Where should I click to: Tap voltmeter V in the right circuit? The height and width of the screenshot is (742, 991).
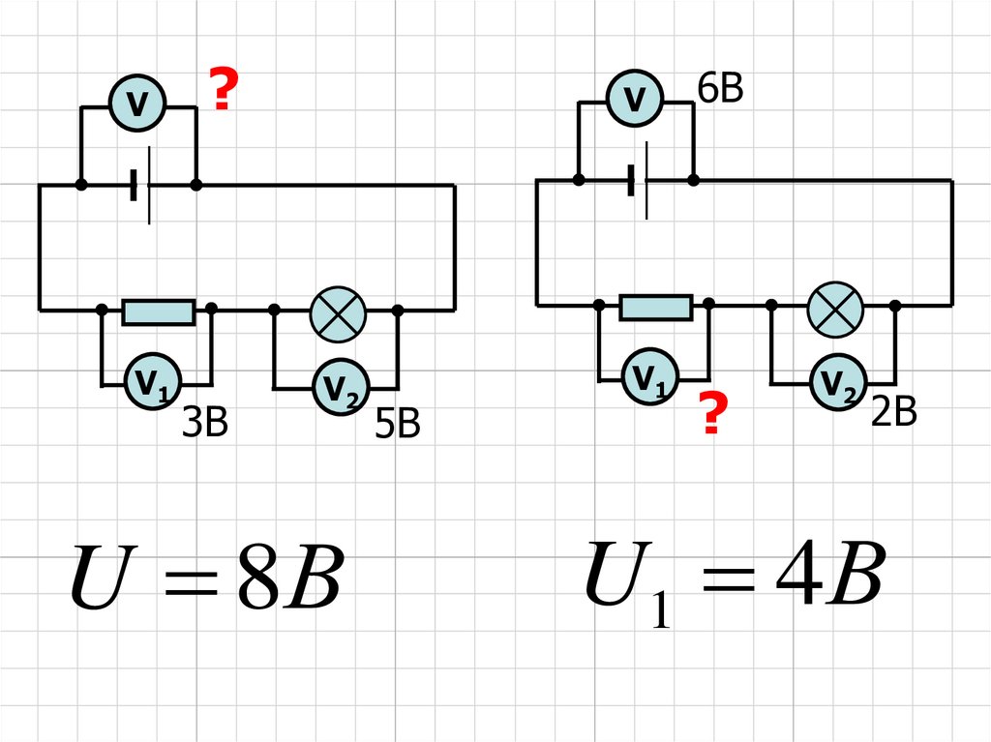click(x=635, y=98)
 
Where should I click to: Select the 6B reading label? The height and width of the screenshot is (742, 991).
click(x=719, y=88)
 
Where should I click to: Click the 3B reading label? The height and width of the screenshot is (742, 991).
click(x=205, y=423)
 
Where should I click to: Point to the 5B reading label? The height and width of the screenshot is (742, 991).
click(x=398, y=425)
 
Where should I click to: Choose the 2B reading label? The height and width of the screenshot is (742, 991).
click(x=892, y=413)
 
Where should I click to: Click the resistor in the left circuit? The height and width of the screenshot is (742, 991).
click(x=159, y=312)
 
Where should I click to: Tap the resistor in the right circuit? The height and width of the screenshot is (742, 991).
click(x=656, y=308)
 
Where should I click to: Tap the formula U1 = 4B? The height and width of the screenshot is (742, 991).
click(x=734, y=580)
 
